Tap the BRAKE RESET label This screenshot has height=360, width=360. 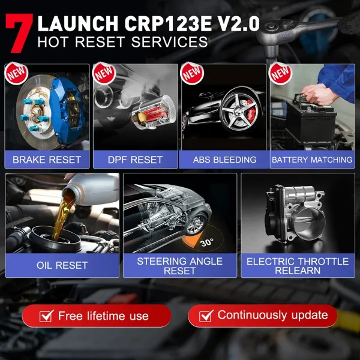pyautogui.click(x=47, y=160)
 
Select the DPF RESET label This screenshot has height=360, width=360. pyautogui.click(x=135, y=160)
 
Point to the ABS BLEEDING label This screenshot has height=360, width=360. pyautogui.click(x=224, y=160)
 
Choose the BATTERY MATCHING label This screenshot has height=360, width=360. pyautogui.click(x=312, y=160)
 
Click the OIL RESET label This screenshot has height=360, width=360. pyautogui.click(x=62, y=265)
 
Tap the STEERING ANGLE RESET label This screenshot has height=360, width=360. pyautogui.click(x=179, y=266)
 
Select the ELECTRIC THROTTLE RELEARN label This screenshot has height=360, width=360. pyautogui.click(x=298, y=266)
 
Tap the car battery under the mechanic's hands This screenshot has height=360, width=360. pyautogui.click(x=306, y=123)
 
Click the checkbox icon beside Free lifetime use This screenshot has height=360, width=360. pyautogui.click(x=46, y=316)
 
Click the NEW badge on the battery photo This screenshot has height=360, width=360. pyautogui.click(x=280, y=73)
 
